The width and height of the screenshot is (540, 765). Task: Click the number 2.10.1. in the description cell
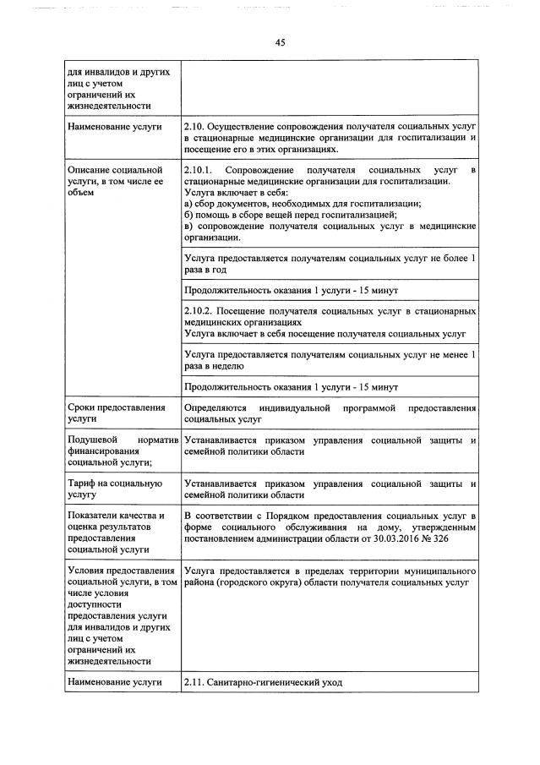(200, 172)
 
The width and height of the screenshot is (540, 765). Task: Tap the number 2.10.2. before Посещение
(200, 311)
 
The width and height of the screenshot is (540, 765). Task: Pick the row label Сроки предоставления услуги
(115, 413)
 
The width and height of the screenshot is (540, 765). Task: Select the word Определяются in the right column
(217, 408)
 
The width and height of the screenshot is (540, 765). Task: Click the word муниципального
(435, 571)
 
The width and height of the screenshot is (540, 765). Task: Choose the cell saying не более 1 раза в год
(330, 264)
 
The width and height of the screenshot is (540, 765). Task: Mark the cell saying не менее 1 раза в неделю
(330, 360)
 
